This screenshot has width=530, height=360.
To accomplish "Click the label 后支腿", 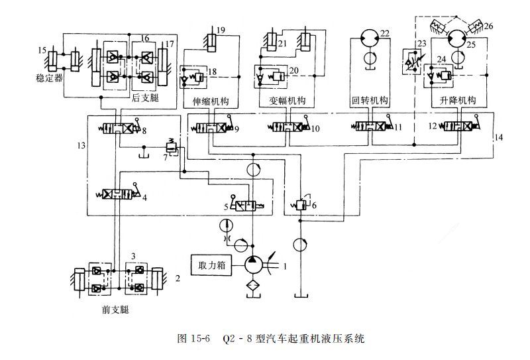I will [146, 97].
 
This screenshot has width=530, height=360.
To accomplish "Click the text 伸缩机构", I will [210, 101].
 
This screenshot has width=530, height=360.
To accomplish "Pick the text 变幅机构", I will [288, 101].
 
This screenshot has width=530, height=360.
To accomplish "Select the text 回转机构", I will [369, 101].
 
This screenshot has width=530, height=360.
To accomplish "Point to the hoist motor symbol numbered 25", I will [455, 39].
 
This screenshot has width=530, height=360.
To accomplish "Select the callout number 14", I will [499, 138].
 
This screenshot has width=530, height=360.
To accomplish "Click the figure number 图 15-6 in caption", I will [193, 339].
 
